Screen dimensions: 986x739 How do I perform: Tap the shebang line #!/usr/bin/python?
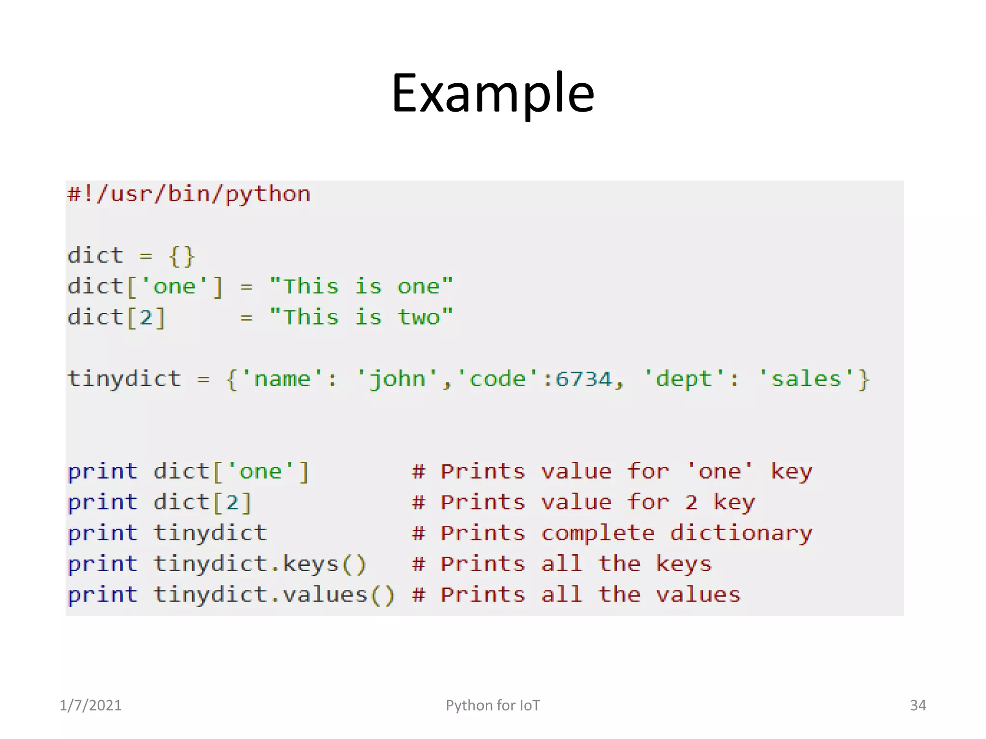[189, 194]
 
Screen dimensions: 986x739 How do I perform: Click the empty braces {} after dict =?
[182, 256]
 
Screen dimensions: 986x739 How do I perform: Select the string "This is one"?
[361, 287]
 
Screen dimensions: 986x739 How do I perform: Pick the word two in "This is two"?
[418, 318]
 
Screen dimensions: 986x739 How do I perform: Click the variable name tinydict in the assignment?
[124, 379]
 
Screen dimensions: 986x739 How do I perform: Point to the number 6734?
[584, 379]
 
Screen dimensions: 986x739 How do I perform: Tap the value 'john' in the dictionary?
[397, 379]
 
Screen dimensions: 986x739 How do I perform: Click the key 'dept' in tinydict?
[684, 379]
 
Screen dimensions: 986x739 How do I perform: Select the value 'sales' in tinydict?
[806, 379]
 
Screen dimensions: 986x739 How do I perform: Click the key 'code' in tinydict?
[497, 379]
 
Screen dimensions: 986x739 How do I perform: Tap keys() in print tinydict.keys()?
[324, 564]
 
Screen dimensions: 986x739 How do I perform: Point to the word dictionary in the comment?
[741, 534]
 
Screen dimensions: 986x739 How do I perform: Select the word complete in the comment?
[598, 534]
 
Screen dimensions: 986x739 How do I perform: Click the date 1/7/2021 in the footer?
[91, 705]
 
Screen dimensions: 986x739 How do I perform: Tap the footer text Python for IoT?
[493, 705]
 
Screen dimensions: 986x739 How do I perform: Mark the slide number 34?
[918, 705]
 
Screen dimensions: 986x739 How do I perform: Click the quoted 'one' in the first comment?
[720, 471]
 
